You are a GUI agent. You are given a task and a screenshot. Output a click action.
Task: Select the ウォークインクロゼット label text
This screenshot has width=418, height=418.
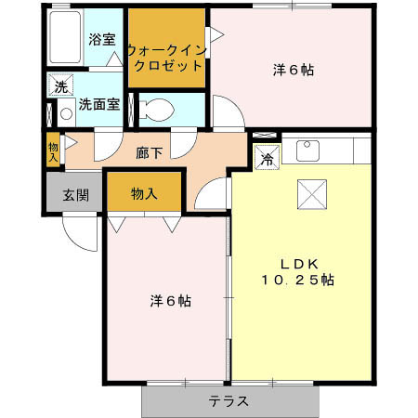[x=166, y=59]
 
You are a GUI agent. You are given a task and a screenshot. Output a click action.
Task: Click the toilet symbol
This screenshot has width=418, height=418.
[x=161, y=110]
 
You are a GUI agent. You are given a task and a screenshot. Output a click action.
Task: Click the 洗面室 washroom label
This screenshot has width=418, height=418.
[x=98, y=105]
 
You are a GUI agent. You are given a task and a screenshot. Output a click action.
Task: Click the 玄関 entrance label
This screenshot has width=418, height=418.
[x=75, y=195]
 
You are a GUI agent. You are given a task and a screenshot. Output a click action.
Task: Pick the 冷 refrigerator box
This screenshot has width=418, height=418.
[x=267, y=159]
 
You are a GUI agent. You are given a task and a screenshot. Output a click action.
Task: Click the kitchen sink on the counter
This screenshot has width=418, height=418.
[x=307, y=150]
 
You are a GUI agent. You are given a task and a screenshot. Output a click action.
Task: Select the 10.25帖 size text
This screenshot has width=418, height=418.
[x=297, y=279]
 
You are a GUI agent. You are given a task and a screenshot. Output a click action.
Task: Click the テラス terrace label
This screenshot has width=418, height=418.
[x=228, y=402]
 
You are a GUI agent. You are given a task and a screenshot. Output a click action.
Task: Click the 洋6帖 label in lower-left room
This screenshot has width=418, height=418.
[x=171, y=301]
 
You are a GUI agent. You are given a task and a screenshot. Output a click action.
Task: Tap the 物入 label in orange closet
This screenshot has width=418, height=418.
[x=143, y=193]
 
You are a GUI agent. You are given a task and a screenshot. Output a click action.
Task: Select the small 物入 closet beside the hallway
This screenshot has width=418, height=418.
[x=53, y=151]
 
